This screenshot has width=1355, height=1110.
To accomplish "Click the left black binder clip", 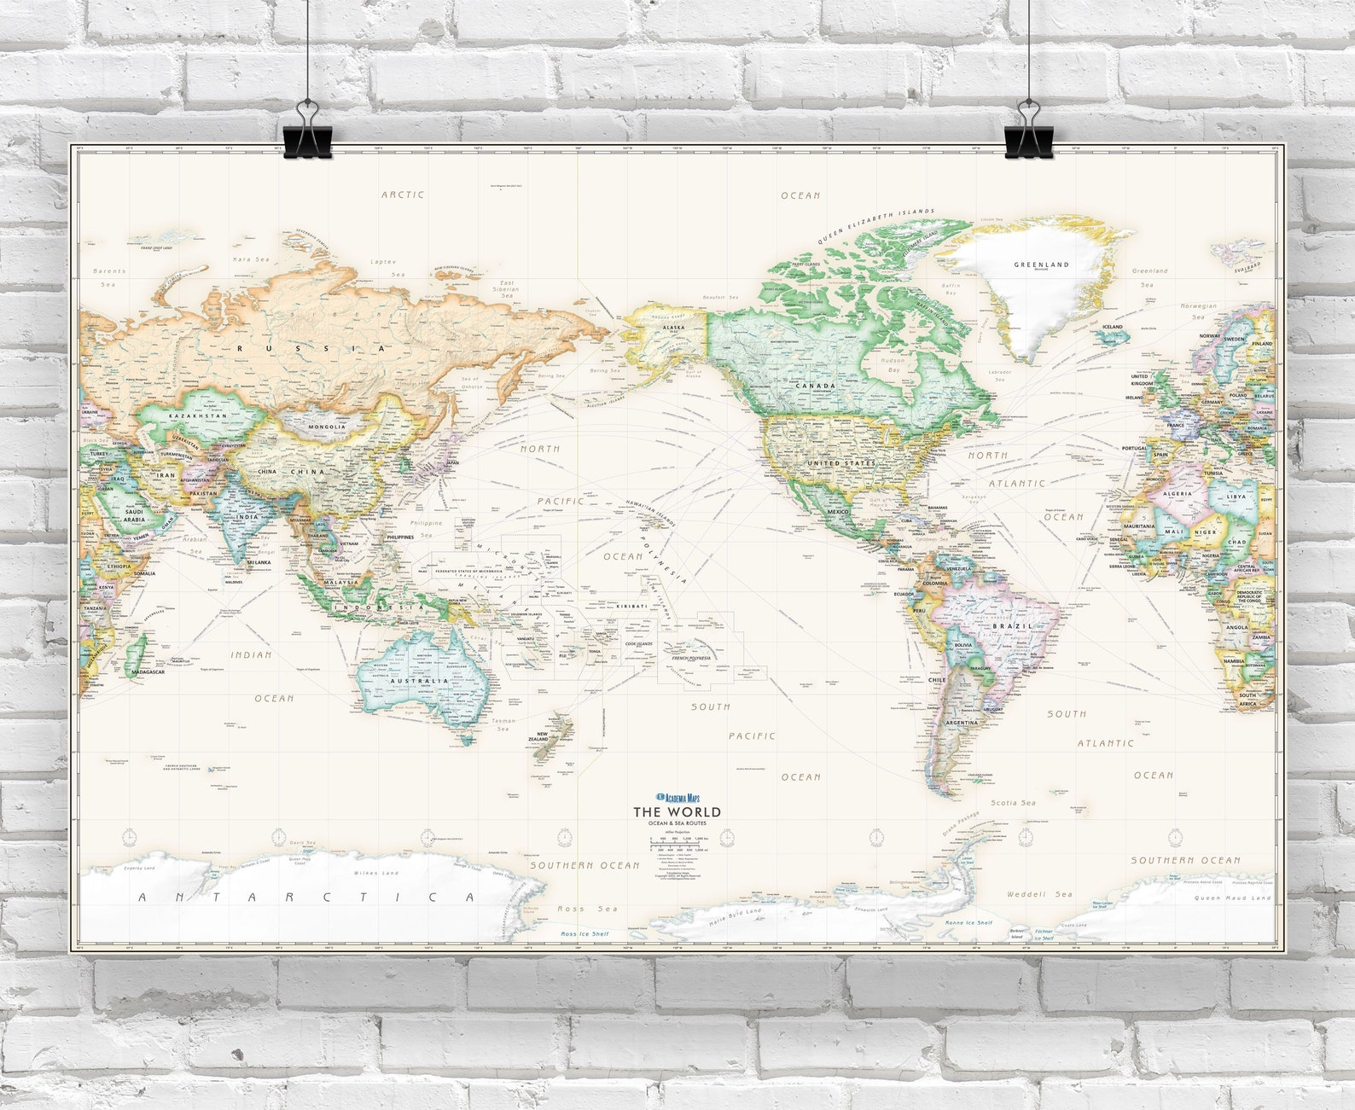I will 307,135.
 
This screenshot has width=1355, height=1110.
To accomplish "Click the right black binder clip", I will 1029,135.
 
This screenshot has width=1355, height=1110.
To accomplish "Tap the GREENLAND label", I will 1041,264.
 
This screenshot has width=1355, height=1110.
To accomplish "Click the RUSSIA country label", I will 311,348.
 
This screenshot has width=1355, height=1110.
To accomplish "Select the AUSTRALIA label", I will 419,681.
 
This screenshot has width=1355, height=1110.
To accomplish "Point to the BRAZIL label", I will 1013,626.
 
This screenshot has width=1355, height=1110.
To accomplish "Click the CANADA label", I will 815,386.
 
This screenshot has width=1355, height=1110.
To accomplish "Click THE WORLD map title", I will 676,811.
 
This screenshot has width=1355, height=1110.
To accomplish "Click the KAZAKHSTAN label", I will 198,416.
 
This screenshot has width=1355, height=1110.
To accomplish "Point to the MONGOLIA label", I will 328,427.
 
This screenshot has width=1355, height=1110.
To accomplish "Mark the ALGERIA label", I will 1178,494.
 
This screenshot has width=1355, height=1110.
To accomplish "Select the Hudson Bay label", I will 893,365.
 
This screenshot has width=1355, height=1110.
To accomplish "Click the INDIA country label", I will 247,517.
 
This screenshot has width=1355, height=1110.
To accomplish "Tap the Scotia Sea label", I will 1013,803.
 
